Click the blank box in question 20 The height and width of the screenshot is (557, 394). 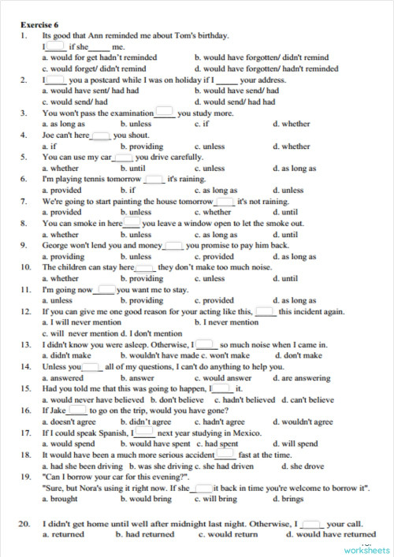tap(311, 523)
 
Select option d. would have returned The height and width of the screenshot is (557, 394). tap(331, 534)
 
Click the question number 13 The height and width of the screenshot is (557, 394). tap(25, 344)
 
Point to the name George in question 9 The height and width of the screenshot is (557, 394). tap(56, 245)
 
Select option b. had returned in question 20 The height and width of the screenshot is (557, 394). tap(145, 534)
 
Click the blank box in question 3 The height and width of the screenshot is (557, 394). tap(164, 113)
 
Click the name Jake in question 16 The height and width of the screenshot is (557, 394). tap(58, 410)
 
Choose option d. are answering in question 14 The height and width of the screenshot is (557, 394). tap(301, 377)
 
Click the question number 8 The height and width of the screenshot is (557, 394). tap(25, 223)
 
